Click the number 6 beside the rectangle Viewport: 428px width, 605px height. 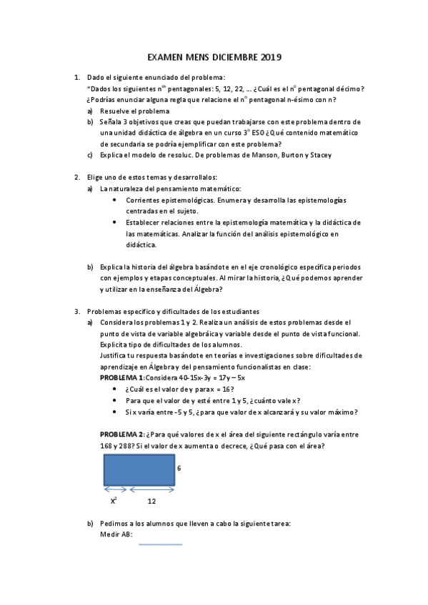pyautogui.click(x=179, y=468)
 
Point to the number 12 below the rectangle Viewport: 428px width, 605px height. pyautogui.click(x=152, y=501)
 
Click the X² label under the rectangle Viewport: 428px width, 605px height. pyautogui.click(x=114, y=501)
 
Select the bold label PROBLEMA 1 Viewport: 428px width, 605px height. pyautogui.click(x=121, y=377)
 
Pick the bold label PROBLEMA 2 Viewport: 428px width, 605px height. pyautogui.click(x=121, y=434)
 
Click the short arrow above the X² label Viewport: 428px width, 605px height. pyautogui.click(x=116, y=489)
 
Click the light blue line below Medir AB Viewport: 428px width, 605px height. pyautogui.click(x=160, y=544)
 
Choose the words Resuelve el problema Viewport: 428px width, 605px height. pyautogui.click(x=134, y=111)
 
